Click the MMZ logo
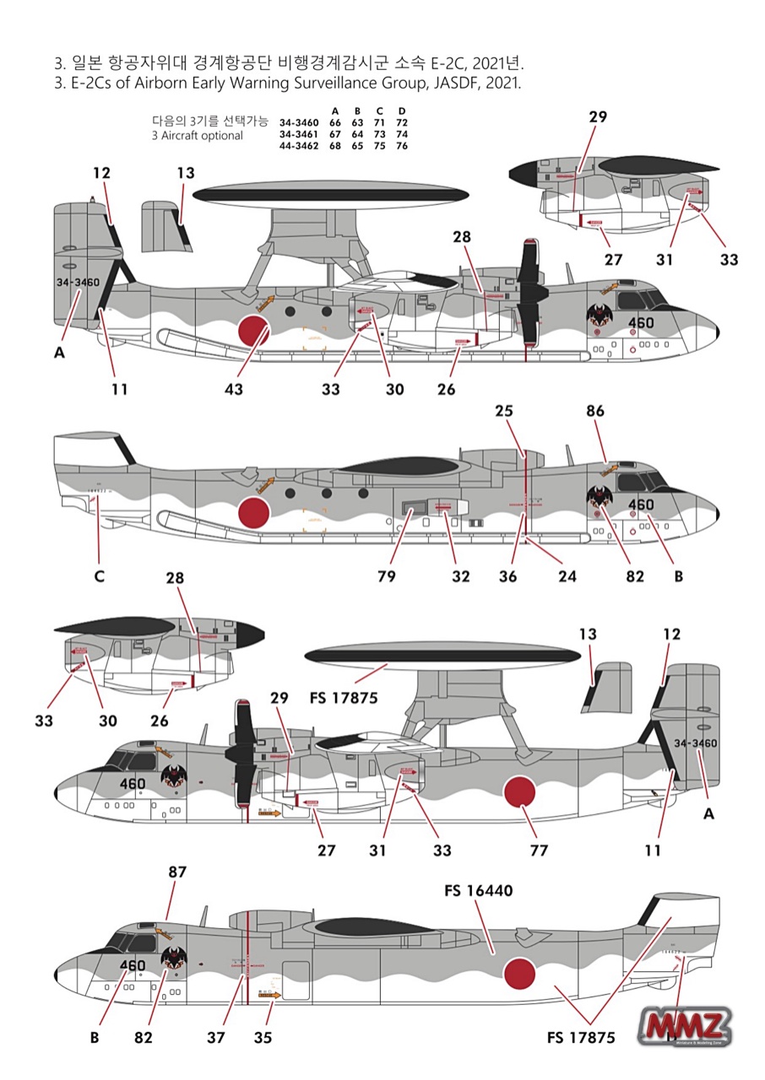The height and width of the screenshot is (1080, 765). (686, 1026)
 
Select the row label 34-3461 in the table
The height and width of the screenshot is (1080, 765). (299, 134)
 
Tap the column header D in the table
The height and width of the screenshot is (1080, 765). (402, 111)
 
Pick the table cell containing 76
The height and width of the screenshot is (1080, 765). (402, 146)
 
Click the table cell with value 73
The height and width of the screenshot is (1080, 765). (380, 134)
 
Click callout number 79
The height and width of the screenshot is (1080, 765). (388, 577)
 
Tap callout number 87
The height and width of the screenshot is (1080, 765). (177, 872)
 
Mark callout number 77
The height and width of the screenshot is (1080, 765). (539, 850)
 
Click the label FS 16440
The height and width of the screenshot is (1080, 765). (477, 891)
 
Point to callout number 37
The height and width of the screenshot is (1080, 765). (216, 1038)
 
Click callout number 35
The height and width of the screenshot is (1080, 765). (263, 1038)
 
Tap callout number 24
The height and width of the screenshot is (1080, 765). (567, 577)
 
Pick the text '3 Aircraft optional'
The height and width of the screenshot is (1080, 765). (197, 135)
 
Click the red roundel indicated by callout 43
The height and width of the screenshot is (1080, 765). (254, 331)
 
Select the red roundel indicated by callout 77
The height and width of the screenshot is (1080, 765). (520, 793)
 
